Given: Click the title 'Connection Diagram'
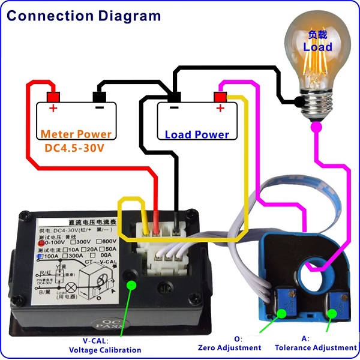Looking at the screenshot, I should (x=83, y=16).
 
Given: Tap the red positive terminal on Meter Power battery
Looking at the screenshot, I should (x=53, y=97).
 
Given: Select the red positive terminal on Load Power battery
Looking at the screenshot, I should (x=220, y=97).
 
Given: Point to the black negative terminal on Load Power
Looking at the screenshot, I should (x=174, y=97).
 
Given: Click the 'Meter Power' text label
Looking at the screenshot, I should (x=76, y=134).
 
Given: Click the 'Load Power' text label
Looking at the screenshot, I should (x=197, y=134).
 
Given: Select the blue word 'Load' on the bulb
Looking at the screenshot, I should (x=317, y=47).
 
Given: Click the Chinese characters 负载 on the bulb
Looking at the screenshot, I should (x=317, y=34).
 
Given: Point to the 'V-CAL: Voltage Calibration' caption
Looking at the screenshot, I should (x=105, y=346).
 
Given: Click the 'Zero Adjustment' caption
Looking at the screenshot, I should (x=230, y=347).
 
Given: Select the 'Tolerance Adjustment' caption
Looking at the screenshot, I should (x=316, y=347).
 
